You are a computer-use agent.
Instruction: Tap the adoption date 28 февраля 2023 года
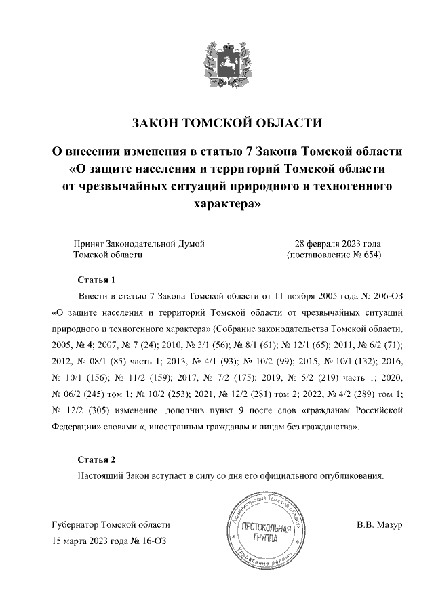(x=337, y=243)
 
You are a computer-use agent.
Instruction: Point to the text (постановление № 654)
(x=334, y=255)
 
